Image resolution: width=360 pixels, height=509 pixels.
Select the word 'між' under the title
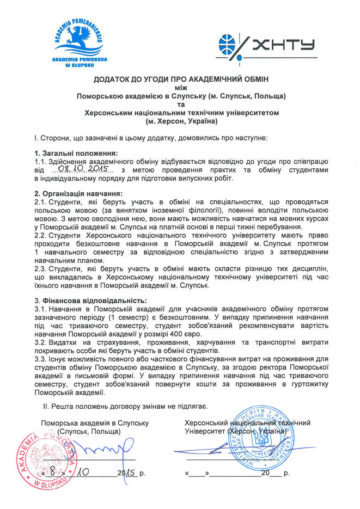coord(180,87)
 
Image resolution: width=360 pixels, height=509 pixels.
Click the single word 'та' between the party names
coord(180,105)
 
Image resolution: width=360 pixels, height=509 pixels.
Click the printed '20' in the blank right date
coord(265,474)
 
